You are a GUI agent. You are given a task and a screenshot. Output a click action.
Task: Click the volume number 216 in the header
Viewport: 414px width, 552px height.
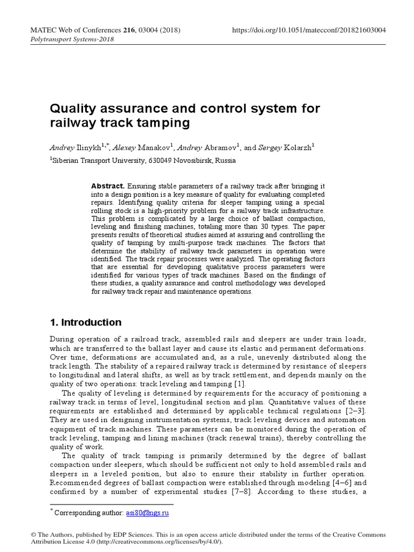[x=129, y=30]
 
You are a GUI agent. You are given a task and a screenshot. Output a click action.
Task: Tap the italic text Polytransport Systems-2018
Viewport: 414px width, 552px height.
[x=70, y=40]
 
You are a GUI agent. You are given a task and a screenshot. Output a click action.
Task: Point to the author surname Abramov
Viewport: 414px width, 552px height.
[x=219, y=147]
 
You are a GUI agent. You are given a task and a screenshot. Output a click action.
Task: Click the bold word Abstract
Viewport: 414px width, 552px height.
[x=108, y=186]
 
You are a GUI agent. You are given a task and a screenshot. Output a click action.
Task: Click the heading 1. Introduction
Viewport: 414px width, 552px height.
[x=85, y=322]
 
